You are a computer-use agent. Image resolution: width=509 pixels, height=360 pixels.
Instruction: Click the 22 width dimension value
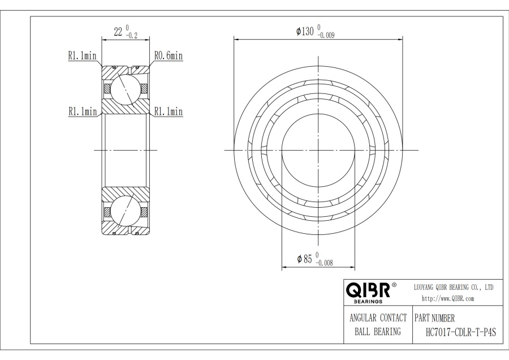[x=118, y=32]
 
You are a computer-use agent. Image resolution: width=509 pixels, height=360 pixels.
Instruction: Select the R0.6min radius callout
[x=168, y=56]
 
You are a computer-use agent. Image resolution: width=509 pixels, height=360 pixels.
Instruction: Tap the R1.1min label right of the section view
[x=168, y=112]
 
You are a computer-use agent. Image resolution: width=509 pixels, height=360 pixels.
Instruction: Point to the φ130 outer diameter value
[x=305, y=32]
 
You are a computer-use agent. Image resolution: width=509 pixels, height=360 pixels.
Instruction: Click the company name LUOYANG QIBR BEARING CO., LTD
[x=454, y=288]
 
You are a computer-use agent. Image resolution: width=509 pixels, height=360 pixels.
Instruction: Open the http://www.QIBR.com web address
[x=448, y=298]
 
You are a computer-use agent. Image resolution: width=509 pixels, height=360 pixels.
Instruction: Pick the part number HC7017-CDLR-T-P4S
[x=460, y=332]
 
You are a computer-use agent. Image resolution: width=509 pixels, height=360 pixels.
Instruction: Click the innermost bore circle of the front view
[x=318, y=150]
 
